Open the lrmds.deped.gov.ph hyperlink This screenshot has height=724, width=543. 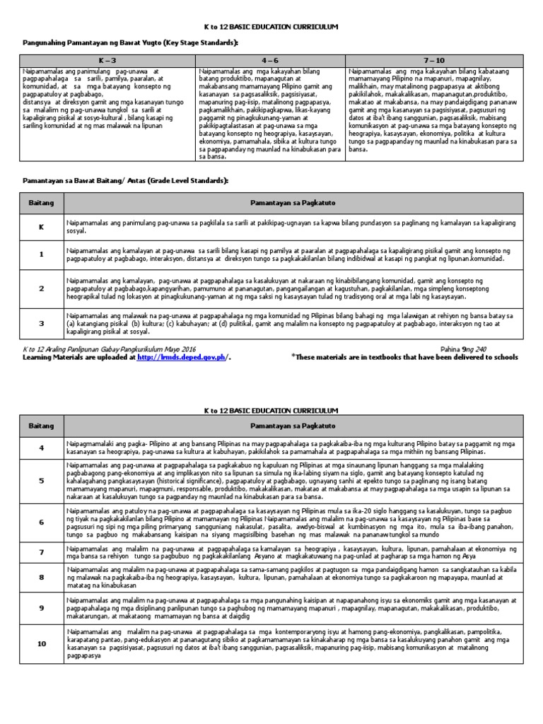click(181, 358)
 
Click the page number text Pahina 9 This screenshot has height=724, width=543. click(452, 349)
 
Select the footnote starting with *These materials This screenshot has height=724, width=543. click(404, 358)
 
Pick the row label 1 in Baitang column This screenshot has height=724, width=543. click(41, 255)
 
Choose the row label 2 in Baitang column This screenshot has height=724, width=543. click(41, 289)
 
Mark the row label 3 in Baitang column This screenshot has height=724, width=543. click(41, 323)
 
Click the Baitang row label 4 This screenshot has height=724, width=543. click(41, 448)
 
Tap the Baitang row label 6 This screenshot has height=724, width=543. click(41, 522)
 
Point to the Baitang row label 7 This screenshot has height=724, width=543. click(41, 551)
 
